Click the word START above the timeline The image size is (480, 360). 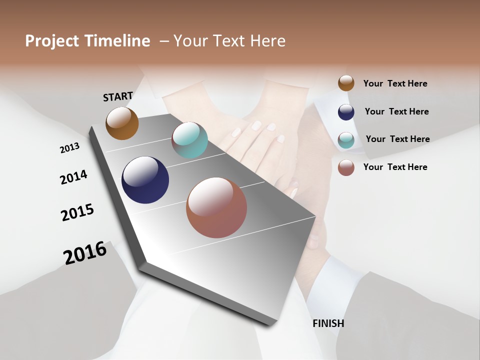(118, 96)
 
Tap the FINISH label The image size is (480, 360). (328, 323)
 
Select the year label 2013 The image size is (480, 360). (69, 148)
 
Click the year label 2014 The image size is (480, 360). (73, 177)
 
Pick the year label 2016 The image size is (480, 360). (85, 253)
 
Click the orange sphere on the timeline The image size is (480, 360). (122, 123)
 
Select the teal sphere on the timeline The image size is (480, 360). (189, 140)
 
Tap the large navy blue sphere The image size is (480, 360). (145, 180)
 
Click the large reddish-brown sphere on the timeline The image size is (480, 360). (216, 207)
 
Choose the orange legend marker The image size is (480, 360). (346, 83)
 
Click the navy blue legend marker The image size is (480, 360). (346, 112)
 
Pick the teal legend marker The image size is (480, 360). (346, 140)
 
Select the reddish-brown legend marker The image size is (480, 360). (346, 167)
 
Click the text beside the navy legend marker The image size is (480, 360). (396, 111)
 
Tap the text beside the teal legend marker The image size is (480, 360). (397, 139)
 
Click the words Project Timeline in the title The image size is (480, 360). (87, 41)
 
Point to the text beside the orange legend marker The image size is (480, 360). (395, 83)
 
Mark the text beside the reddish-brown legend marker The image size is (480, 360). (395, 167)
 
